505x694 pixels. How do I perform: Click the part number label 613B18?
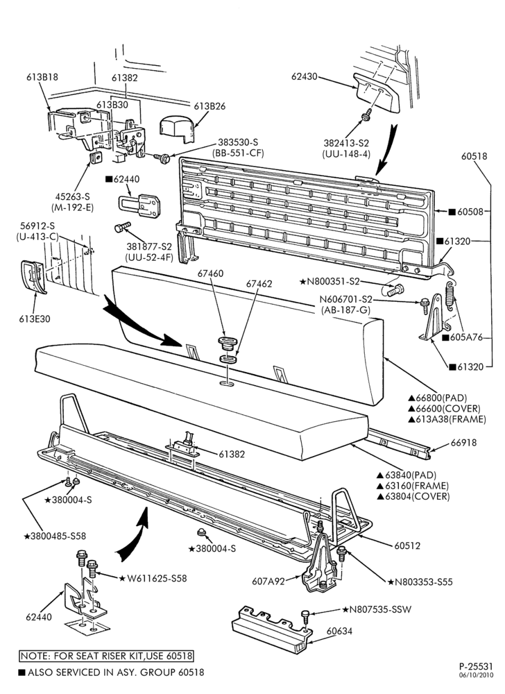[x=42, y=77]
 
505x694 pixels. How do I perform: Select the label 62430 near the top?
[x=305, y=76]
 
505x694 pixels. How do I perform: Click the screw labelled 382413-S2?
[x=366, y=117]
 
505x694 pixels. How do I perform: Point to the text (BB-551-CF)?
[x=238, y=153]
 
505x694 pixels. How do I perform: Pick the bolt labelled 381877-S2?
[x=122, y=228]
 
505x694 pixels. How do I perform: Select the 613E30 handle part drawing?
[x=33, y=277]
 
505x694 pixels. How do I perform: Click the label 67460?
[x=210, y=273]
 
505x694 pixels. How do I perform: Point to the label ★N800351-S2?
[x=329, y=282]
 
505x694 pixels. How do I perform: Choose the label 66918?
[x=463, y=443]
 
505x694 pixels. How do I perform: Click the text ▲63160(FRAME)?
[x=413, y=486]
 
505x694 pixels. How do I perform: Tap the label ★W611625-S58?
[x=153, y=578]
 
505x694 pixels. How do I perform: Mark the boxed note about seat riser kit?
[x=107, y=655]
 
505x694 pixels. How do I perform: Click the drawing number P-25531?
[x=475, y=666]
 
